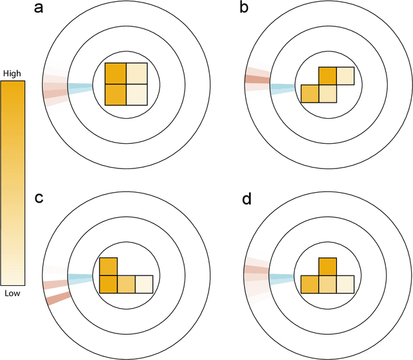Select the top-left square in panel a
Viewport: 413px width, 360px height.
tap(116, 74)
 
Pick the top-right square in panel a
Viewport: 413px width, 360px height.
tap(137, 74)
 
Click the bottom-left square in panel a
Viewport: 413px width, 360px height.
tap(116, 95)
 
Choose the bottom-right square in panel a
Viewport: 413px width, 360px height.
tap(137, 95)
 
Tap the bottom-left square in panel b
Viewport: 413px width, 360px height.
tap(310, 94)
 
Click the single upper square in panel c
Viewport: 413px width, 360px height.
tap(108, 266)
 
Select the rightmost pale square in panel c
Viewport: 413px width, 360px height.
tap(144, 284)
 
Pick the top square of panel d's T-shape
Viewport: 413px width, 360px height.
tap(328, 266)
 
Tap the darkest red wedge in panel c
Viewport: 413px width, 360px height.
tap(58, 297)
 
